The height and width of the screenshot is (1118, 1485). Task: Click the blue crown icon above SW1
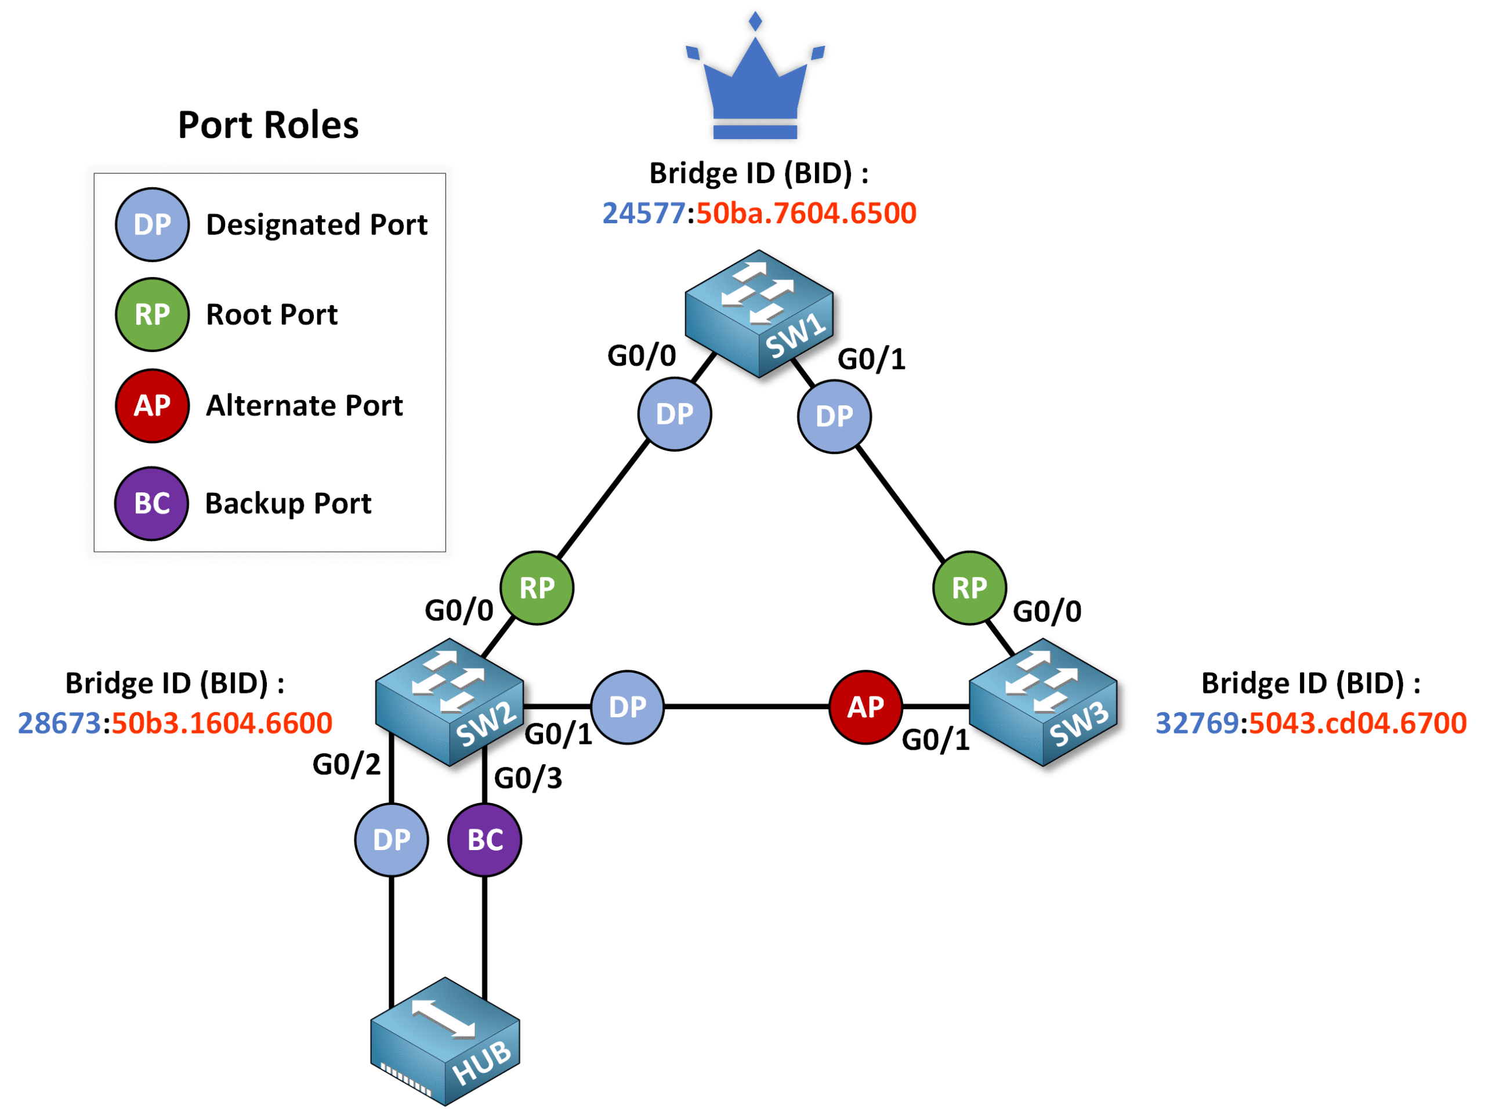coord(755,84)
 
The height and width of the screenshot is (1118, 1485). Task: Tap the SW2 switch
coord(449,702)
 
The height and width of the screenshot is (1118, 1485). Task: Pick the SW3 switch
coord(1042,702)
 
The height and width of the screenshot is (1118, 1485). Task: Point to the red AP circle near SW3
coord(865,707)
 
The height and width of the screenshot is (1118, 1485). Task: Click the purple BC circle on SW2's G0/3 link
coord(485,840)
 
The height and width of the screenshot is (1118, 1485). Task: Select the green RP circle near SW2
coord(537,588)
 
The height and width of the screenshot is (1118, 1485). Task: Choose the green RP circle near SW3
coord(969,588)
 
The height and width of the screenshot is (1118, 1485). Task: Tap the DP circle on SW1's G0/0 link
coord(674,414)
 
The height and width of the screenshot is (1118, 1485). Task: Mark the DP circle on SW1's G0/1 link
coord(834,417)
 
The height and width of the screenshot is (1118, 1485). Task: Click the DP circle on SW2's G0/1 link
coord(627,707)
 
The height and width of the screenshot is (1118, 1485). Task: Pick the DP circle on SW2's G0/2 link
coord(392,840)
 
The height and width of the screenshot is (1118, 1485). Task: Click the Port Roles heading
coord(268,125)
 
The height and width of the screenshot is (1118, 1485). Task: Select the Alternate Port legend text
coord(304,405)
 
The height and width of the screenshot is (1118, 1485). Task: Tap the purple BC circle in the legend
coord(152,503)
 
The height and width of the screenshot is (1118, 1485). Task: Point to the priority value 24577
coord(643,213)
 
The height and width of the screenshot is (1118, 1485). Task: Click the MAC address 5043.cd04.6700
coord(1357,723)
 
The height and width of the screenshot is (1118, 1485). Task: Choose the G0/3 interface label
coord(528,778)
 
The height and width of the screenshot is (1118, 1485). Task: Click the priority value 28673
coord(59,723)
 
